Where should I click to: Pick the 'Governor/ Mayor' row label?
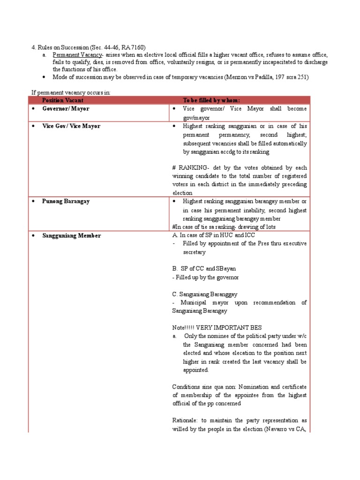66,109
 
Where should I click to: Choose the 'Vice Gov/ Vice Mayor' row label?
71,126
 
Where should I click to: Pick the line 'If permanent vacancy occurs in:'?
71,92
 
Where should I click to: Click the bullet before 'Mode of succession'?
44,77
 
